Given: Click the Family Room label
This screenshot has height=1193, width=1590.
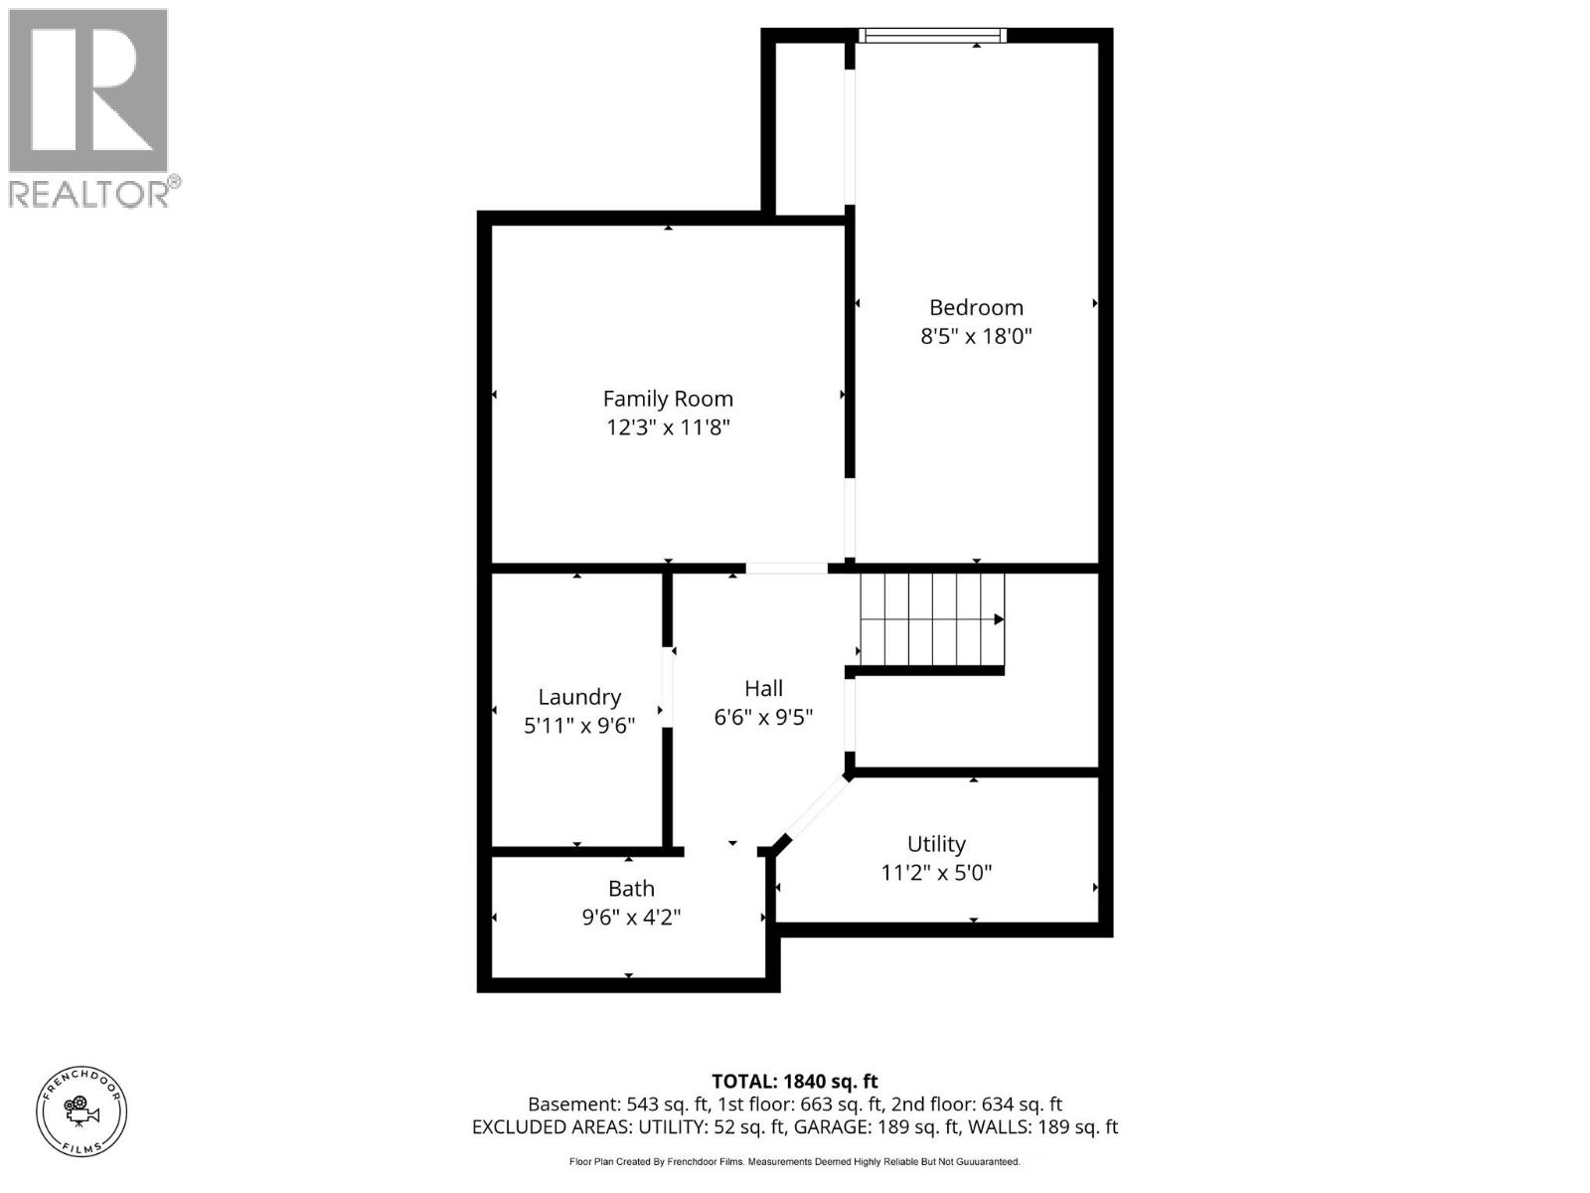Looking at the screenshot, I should [x=668, y=399].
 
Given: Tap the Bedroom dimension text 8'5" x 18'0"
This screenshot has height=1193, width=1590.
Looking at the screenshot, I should [x=976, y=336].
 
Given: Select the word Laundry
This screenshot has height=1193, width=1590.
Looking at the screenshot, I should [x=579, y=697].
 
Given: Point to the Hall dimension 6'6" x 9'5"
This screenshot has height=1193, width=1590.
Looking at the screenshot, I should [x=763, y=717].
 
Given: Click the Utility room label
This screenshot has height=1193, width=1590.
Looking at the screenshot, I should [x=936, y=844].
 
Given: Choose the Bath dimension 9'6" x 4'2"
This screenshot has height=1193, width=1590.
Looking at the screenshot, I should [x=631, y=917].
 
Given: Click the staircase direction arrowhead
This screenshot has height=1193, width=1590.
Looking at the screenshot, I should [x=999, y=619].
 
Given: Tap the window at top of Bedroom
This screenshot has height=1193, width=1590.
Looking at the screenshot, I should [x=932, y=36].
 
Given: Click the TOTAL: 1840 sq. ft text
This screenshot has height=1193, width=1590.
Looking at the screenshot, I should [x=795, y=1081].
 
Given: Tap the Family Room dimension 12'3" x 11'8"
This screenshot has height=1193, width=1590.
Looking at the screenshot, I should [x=668, y=427].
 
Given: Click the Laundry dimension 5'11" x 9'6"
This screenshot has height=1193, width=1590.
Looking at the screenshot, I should [x=579, y=726].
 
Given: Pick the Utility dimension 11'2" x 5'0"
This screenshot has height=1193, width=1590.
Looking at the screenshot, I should [x=936, y=873].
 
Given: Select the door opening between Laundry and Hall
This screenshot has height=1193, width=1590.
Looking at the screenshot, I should [x=668, y=688].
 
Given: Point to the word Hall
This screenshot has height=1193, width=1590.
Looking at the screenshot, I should [x=763, y=688].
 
